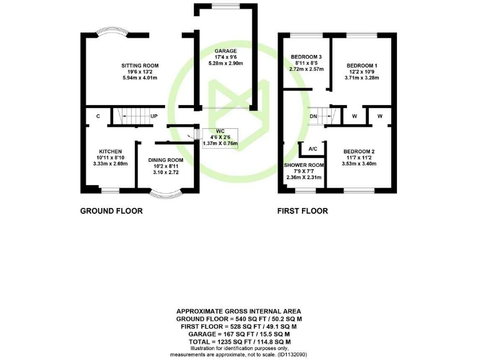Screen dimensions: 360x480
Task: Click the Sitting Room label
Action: click(x=140, y=66)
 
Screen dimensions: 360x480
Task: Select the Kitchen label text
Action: click(x=109, y=151)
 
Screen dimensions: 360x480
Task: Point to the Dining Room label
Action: click(x=166, y=160)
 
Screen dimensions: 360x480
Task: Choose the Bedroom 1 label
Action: click(x=362, y=66)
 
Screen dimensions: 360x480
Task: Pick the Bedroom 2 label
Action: click(x=359, y=152)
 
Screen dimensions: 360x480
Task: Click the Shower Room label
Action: click(x=304, y=165)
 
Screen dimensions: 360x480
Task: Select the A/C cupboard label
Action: click(x=313, y=149)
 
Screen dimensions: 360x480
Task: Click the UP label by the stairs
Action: click(x=153, y=116)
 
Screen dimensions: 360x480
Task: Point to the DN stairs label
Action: click(x=313, y=116)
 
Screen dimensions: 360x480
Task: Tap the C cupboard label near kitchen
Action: click(x=98, y=116)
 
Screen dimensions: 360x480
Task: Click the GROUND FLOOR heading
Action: click(x=111, y=211)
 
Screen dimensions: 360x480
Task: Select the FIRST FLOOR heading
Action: click(x=302, y=211)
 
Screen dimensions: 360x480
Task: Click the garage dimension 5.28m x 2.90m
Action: click(x=226, y=63)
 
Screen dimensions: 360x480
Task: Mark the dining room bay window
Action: click(x=166, y=193)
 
